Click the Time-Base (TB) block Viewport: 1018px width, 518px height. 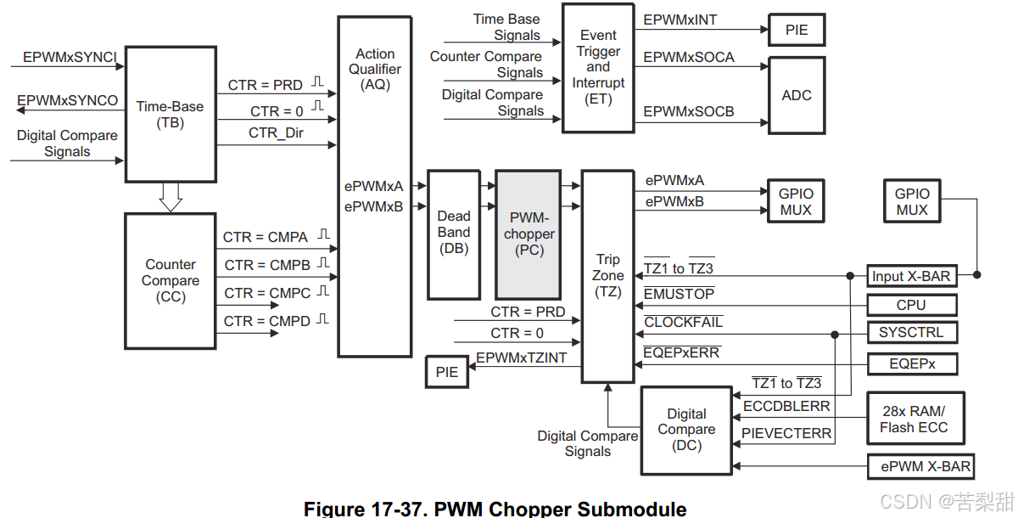click(x=170, y=115)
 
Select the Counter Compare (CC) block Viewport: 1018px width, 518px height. click(x=170, y=280)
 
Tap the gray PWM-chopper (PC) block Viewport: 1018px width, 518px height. click(x=529, y=234)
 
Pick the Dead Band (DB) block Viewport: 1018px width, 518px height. click(x=454, y=233)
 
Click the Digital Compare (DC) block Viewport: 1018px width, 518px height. click(x=685, y=430)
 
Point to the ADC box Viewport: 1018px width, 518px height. click(x=796, y=95)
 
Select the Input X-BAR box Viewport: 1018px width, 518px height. click(x=911, y=276)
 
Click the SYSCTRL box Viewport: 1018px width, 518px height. click(x=911, y=332)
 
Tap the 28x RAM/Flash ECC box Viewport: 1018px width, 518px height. click(x=913, y=419)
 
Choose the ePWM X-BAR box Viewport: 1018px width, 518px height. click(x=920, y=466)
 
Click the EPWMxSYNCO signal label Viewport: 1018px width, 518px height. click(x=68, y=100)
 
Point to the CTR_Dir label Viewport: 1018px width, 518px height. click(x=276, y=133)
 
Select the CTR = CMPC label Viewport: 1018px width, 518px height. click(x=266, y=293)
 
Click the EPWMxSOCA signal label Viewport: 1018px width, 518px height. click(x=689, y=58)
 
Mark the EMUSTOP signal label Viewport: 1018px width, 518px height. click(x=679, y=294)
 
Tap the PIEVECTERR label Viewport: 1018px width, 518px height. click(x=786, y=433)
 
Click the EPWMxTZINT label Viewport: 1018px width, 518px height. click(x=521, y=358)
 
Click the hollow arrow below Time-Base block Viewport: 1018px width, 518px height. click(x=171, y=197)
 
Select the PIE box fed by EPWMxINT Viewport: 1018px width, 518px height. click(x=796, y=30)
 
